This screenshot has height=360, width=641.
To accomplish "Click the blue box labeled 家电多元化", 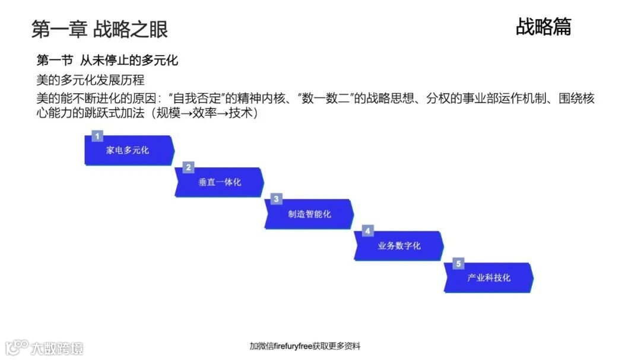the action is [129, 151].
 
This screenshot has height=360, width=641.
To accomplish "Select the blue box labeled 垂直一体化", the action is [219, 182].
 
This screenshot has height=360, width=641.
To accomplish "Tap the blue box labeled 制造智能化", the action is [309, 214].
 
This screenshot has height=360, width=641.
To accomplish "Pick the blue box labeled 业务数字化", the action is [399, 246].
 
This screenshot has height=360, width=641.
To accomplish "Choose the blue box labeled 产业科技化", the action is [488, 278].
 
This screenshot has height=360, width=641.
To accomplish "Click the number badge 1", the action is [97, 136].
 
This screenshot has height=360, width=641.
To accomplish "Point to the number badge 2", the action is [188, 168].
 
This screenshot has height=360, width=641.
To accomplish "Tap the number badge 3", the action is [277, 199].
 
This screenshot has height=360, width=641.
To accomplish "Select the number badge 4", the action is [367, 231].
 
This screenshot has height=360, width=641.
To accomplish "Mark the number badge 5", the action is [457, 263].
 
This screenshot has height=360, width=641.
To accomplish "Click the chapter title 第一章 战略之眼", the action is [99, 28].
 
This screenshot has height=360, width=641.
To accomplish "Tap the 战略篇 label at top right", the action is [543, 27].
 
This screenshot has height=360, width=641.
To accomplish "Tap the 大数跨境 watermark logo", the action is [45, 348].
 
